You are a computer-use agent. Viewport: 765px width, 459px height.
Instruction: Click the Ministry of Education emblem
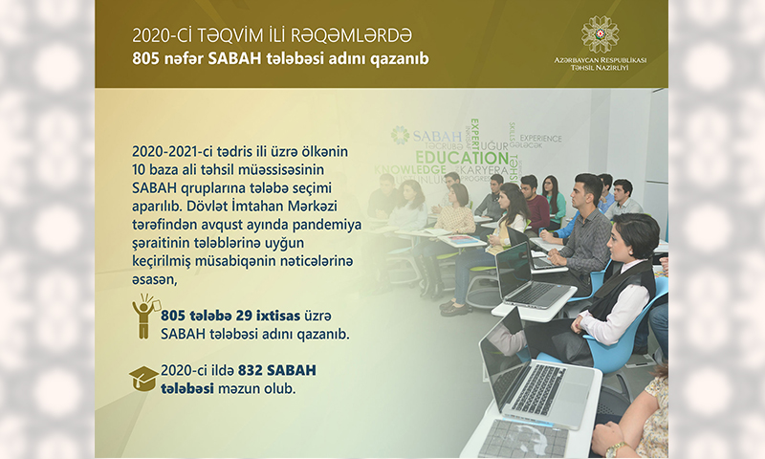coord(600,34)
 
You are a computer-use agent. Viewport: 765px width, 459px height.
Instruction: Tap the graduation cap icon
coord(144,379)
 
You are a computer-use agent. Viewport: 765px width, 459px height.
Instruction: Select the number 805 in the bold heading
coord(146,58)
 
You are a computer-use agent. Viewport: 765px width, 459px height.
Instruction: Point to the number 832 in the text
coord(250,370)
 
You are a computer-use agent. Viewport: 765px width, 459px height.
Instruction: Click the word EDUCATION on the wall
coord(462,158)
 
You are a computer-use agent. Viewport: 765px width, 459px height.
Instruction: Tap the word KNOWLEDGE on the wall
coord(410,170)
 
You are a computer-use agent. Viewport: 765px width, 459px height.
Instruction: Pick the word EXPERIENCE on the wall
coord(540,139)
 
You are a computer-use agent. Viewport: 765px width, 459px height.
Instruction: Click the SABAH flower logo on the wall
coord(400,135)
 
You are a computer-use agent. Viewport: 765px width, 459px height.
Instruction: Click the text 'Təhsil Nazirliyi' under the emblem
coord(600,68)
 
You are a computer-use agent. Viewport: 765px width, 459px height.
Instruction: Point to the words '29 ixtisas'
coord(268,316)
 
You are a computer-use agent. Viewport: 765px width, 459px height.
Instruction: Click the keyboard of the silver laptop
coord(540,389)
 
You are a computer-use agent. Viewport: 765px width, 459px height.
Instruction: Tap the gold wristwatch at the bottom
coord(616,448)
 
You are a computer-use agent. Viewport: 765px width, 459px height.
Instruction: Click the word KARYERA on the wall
coord(477,171)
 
